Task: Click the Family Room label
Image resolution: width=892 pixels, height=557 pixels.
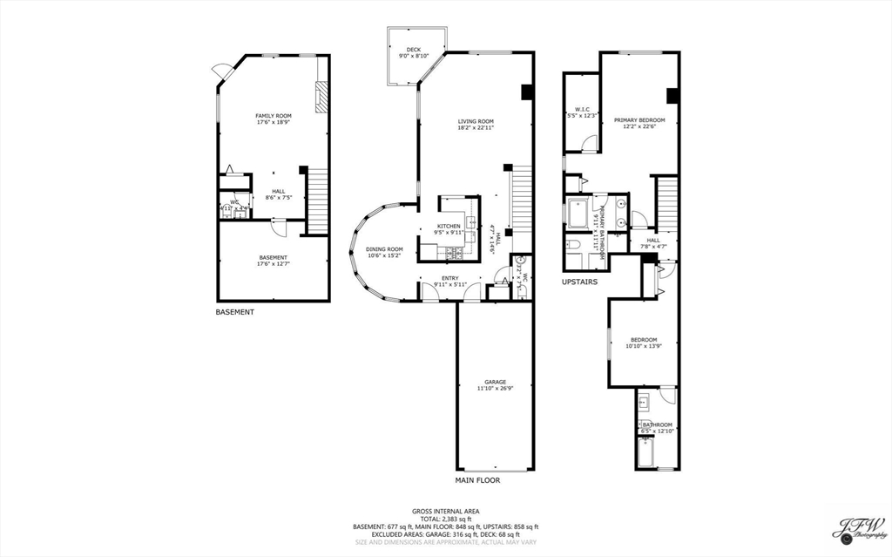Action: point(273,116)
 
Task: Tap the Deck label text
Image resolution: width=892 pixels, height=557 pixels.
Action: point(414,49)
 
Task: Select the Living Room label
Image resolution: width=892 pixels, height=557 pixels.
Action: point(476,121)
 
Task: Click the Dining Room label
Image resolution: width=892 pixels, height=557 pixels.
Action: point(384,249)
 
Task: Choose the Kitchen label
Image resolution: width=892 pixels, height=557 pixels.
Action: point(449,226)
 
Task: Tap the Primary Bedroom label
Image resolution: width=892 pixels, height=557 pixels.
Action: point(639,119)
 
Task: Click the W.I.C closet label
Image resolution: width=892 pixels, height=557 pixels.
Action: point(582,109)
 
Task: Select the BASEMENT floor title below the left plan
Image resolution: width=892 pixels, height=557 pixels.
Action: point(235,312)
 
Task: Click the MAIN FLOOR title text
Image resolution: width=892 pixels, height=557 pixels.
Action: point(477,480)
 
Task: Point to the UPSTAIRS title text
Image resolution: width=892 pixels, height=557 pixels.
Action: point(579,282)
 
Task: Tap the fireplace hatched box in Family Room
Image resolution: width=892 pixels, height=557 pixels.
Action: point(321,97)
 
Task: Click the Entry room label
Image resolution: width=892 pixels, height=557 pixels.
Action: point(451,278)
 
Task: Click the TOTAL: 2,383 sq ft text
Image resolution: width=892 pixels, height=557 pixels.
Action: point(445,519)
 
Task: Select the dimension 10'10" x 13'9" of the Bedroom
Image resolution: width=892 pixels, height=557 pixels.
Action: point(644,346)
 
